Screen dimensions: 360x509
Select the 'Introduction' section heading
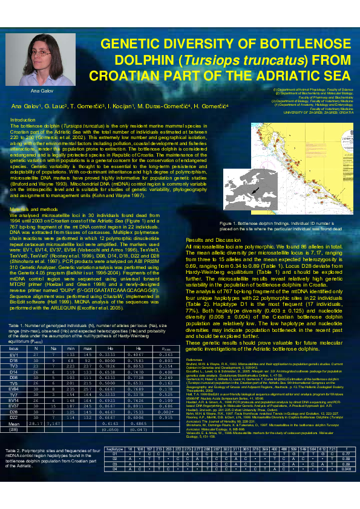pos(24,120)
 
